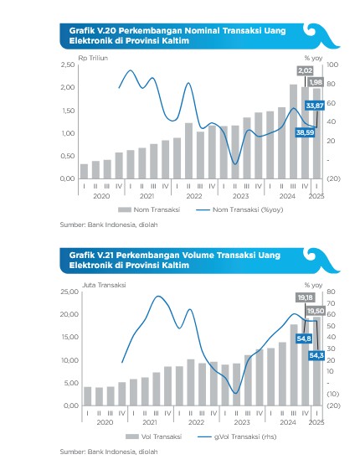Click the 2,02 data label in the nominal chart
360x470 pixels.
(x=305, y=70)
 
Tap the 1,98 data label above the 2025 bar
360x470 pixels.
(x=316, y=82)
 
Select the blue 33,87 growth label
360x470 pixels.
(x=315, y=106)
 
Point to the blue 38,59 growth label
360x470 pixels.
(x=305, y=132)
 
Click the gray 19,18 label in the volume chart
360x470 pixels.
(x=305, y=297)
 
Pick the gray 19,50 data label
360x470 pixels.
(x=316, y=311)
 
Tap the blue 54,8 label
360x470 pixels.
(x=304, y=339)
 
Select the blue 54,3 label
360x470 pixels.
(x=316, y=355)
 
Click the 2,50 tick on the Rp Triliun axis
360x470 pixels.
(x=68, y=65)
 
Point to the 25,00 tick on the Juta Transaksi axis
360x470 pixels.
(x=69, y=292)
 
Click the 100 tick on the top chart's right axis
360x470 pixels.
(x=332, y=65)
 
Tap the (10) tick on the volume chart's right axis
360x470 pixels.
(x=332, y=394)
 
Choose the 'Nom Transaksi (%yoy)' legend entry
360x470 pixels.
(x=240, y=209)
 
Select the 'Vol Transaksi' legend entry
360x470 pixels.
(x=154, y=436)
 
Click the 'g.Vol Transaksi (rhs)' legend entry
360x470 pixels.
(x=238, y=436)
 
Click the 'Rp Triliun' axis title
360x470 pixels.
(x=93, y=58)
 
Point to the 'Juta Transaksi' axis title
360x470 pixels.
(x=104, y=285)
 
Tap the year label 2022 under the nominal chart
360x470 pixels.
(x=194, y=196)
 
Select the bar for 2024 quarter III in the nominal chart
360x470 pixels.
(x=293, y=132)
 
